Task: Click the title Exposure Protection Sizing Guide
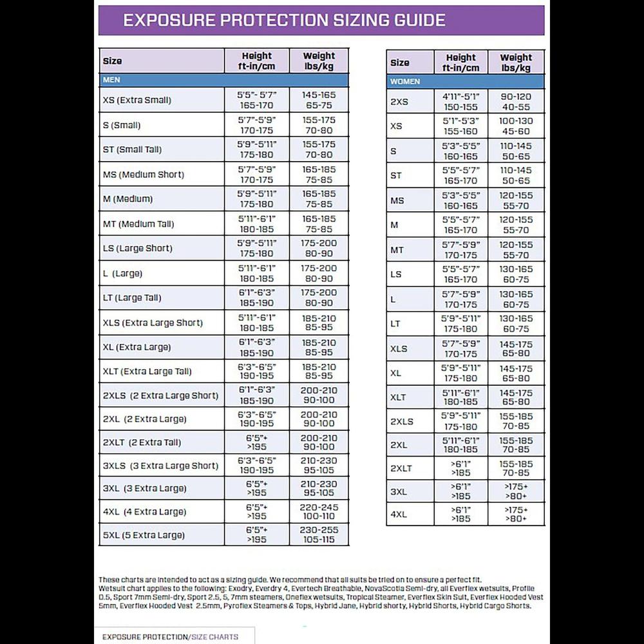point(284,20)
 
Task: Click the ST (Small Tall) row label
point(132,149)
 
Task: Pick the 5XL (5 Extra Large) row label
point(144,535)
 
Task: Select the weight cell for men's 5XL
point(319,535)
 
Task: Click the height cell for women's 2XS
point(460,102)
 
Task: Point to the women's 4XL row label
point(399,515)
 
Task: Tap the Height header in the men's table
point(256,61)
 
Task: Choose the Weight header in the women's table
point(516,62)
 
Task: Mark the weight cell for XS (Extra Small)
point(319,100)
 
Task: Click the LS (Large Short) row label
point(137,248)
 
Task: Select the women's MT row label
point(397,250)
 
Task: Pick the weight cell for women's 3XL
point(516,491)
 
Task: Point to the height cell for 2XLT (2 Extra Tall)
point(256,442)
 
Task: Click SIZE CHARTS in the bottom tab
point(214,637)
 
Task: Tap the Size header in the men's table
point(112,61)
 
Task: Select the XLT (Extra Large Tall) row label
point(147,372)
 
